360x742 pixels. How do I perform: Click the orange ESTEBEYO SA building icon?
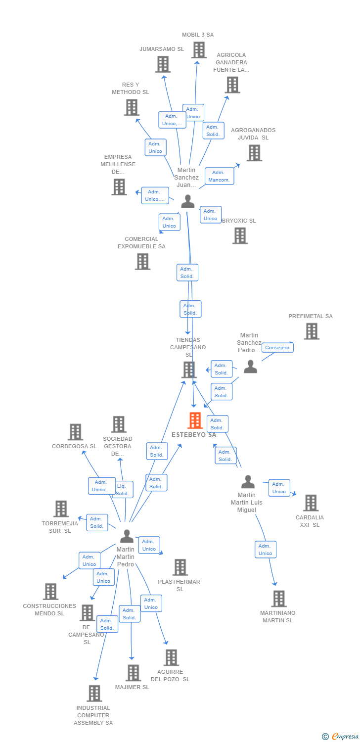point(195,420)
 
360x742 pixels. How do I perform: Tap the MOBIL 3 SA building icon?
point(199,50)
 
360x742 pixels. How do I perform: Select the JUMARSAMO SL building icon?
point(163,64)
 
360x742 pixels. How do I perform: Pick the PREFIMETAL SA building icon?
point(312,331)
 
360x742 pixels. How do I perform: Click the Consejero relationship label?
point(277,348)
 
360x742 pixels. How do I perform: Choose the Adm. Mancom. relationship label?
point(219,176)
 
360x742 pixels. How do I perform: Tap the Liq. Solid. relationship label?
point(122,490)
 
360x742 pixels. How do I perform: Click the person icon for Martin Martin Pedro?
point(127,536)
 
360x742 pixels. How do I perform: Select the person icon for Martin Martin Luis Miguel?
point(248,482)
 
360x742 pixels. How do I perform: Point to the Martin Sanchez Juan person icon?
point(187,201)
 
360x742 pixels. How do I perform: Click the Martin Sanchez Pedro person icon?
point(250,367)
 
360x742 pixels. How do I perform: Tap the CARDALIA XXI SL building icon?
point(311,503)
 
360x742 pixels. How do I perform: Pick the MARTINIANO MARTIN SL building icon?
point(279,599)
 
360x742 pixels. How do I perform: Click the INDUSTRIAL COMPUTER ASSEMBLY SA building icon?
point(94,694)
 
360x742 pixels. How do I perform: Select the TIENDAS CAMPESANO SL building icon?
point(189,370)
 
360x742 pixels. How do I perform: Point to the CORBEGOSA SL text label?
point(74,446)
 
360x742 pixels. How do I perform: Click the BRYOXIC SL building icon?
point(240,236)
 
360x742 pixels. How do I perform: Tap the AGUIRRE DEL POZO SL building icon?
point(171,657)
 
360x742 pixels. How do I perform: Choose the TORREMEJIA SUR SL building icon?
point(61,509)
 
